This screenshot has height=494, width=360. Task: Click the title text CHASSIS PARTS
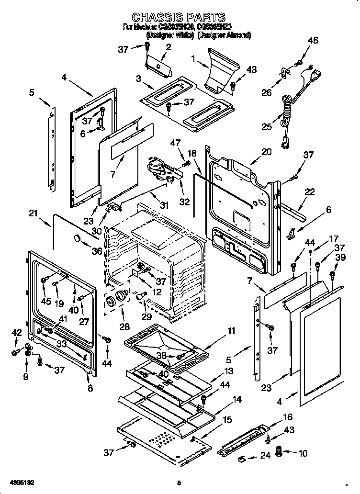point(179,19)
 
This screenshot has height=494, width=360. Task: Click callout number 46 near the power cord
point(312,41)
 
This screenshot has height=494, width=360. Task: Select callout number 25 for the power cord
point(266,126)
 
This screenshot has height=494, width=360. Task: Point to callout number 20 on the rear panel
point(266,152)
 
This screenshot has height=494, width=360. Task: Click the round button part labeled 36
point(76,238)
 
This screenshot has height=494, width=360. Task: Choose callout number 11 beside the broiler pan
point(231,331)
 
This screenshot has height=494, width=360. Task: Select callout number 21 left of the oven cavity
point(33,213)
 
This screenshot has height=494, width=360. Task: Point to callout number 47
point(176,143)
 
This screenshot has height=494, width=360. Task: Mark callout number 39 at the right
point(340,258)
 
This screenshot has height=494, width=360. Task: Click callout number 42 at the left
point(16,332)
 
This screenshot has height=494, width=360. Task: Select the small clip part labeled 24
point(243,459)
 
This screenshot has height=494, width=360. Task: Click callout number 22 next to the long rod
point(310,192)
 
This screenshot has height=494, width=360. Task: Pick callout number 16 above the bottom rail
point(287,417)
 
